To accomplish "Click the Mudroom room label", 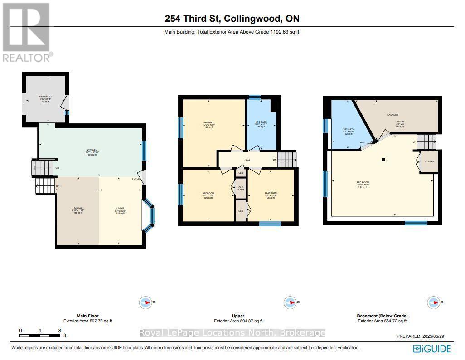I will (x=45, y=97).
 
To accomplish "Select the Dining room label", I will (x=77, y=208).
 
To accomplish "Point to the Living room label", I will (x=120, y=208).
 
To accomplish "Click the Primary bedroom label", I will (x=209, y=122).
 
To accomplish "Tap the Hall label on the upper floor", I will (x=247, y=159).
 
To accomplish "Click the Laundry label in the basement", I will (x=392, y=115).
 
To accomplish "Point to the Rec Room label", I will (x=362, y=183).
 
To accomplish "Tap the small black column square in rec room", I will (x=383, y=159).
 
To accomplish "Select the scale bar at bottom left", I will (x=40, y=335).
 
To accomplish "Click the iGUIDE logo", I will (x=431, y=348).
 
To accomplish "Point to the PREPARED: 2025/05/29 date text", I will (x=424, y=336).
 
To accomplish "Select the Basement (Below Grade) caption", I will (x=382, y=316).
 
